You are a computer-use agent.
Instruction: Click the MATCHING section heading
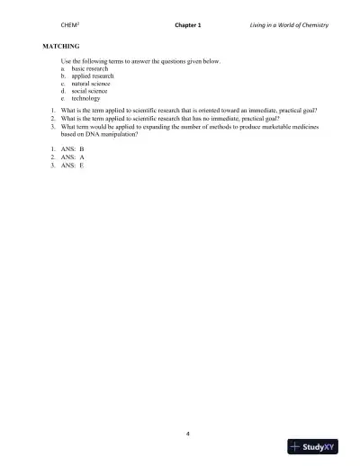(x=60, y=45)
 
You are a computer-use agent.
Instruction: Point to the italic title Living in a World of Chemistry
(x=288, y=25)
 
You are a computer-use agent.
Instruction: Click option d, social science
(x=89, y=91)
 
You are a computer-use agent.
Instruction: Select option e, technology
(x=85, y=98)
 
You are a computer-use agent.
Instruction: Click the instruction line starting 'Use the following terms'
(x=144, y=60)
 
